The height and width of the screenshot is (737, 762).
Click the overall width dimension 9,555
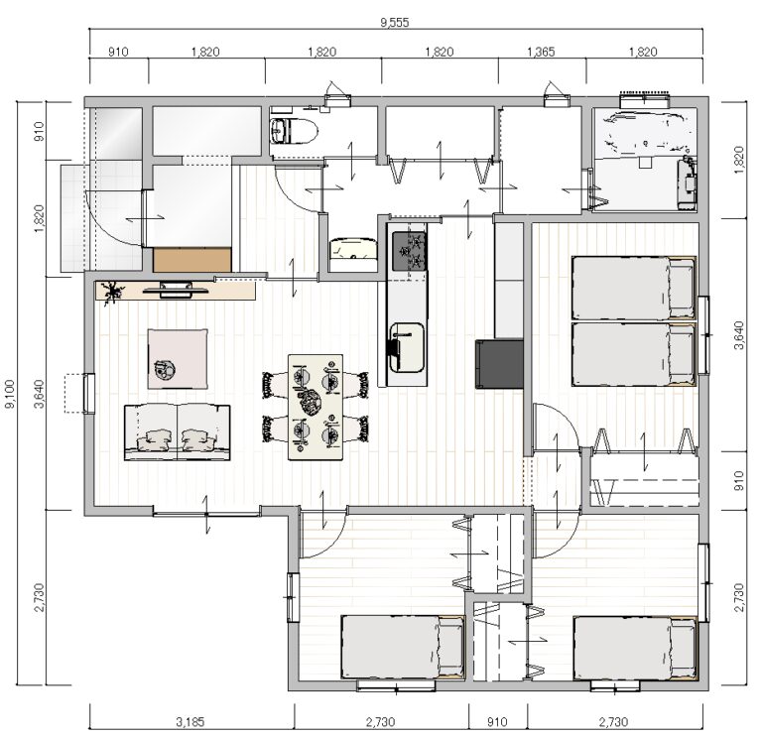[395, 23]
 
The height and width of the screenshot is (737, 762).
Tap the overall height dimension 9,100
[10, 394]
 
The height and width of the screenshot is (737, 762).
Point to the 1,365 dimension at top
[541, 52]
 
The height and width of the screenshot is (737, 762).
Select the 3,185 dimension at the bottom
[190, 722]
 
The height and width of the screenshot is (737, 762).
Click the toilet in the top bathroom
[295, 131]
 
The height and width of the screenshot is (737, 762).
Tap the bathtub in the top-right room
[644, 134]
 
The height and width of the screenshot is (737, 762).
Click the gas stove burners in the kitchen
[410, 251]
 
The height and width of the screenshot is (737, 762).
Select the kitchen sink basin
[406, 347]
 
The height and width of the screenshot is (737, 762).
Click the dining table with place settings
[316, 407]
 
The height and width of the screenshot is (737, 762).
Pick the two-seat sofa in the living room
[178, 431]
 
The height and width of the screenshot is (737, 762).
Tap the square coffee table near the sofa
[178, 359]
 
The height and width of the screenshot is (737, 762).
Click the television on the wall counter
[176, 289]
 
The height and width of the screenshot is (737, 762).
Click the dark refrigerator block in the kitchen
[499, 364]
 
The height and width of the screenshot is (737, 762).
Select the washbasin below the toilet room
[353, 249]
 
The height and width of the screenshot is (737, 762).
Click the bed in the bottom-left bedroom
[403, 647]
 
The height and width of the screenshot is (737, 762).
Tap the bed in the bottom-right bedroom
[635, 648]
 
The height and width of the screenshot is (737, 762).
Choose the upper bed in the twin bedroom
[634, 288]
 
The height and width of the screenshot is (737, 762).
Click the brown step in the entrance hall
[191, 260]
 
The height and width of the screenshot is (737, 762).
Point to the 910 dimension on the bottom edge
[497, 722]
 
